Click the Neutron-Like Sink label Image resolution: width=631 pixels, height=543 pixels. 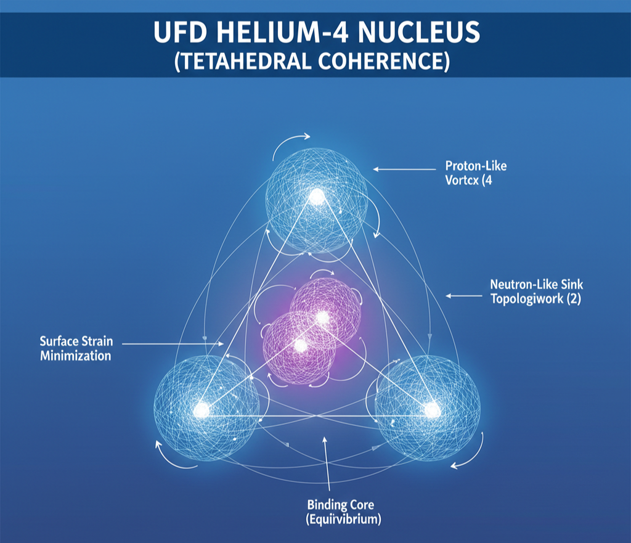pyautogui.click(x=536, y=285)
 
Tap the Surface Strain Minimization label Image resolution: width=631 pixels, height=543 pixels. pyautogui.click(x=75, y=348)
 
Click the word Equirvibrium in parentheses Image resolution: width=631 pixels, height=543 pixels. pyautogui.click(x=343, y=519)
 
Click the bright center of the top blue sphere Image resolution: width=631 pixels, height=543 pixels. pyautogui.click(x=317, y=197)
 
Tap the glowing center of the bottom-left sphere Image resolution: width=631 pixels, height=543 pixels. pyautogui.click(x=201, y=410)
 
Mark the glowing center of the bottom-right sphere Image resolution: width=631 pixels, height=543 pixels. pyautogui.click(x=433, y=410)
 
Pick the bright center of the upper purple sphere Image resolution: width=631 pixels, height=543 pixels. pyautogui.click(x=322, y=317)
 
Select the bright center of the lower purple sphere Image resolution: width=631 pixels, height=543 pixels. pyautogui.click(x=301, y=346)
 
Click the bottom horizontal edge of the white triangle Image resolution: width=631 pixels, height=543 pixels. pyautogui.click(x=317, y=416)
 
